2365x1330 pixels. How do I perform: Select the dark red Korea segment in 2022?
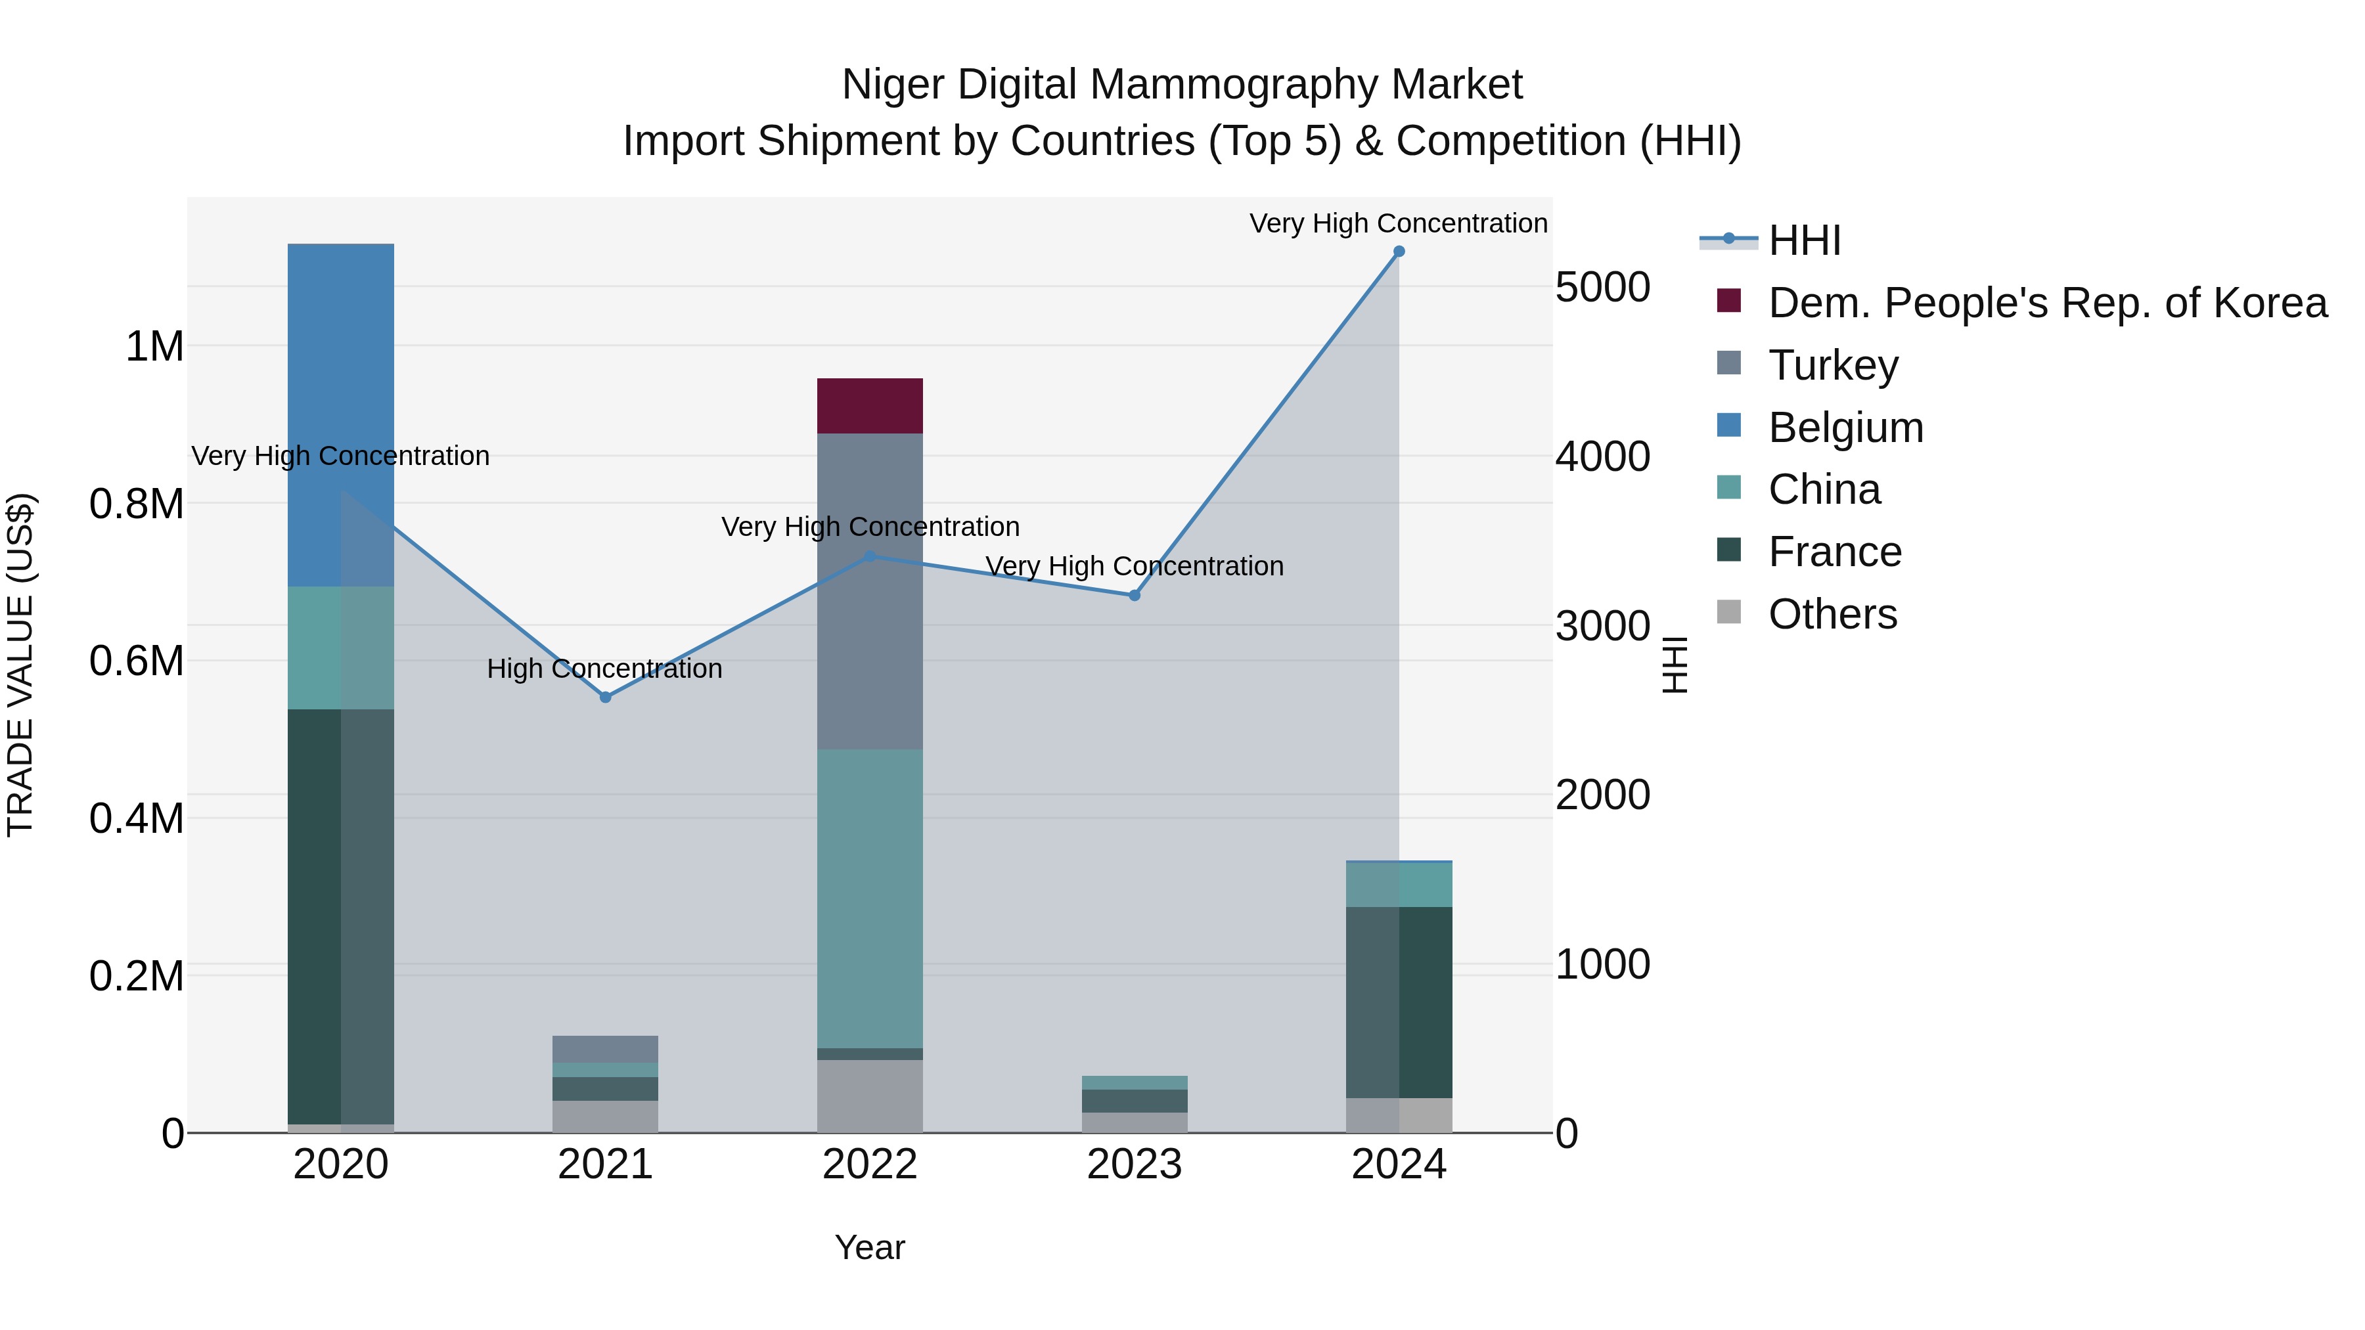click(869, 406)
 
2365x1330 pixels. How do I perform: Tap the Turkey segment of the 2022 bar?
click(869, 591)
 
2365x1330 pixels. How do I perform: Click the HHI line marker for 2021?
click(605, 698)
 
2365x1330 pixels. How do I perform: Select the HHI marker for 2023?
click(1134, 596)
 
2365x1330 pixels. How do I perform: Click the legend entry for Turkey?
click(1832, 365)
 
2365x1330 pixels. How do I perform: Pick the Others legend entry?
click(1832, 614)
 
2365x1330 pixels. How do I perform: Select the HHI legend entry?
click(1804, 240)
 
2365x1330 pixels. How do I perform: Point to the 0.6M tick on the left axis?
click(137, 661)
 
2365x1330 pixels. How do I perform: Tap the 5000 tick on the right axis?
click(1602, 287)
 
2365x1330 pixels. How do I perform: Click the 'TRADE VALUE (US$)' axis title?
click(21, 665)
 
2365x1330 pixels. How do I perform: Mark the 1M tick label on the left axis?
click(154, 347)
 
